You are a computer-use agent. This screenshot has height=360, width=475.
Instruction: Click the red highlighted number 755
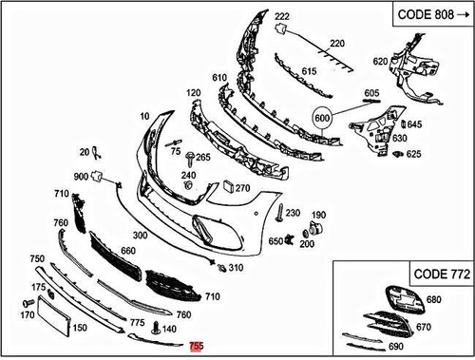click(x=197, y=349)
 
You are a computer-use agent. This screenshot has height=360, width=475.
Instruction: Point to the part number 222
click(x=282, y=18)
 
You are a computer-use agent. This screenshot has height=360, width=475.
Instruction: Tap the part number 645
click(x=415, y=124)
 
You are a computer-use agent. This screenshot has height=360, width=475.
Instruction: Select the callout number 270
click(x=242, y=188)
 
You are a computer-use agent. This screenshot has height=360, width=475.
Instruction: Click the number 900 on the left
click(x=81, y=177)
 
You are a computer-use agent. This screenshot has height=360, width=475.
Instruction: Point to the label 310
click(x=236, y=268)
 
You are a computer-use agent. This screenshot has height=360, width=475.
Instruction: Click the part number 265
click(x=203, y=157)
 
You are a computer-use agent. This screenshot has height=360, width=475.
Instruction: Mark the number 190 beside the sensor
click(x=318, y=216)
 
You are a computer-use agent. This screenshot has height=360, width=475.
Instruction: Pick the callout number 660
click(x=128, y=252)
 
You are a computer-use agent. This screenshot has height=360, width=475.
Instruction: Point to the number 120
click(x=195, y=93)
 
